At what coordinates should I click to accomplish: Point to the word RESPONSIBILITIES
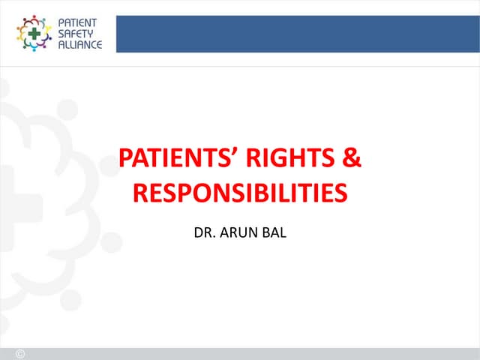point(240,193)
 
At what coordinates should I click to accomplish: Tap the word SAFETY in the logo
point(73,34)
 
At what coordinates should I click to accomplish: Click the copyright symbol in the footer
point(20,354)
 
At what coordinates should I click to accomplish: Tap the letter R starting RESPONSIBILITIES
point(139,193)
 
